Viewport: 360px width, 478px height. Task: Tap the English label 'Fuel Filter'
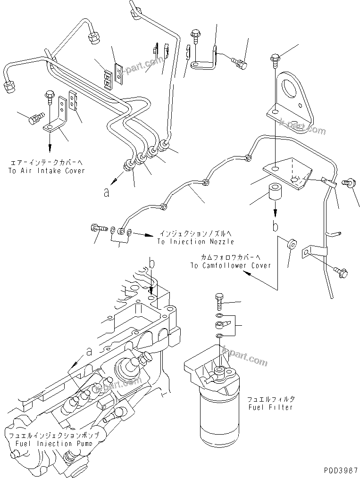(270, 407)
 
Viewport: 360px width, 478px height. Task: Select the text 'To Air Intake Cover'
(46, 171)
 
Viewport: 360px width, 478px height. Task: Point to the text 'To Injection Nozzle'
(196, 241)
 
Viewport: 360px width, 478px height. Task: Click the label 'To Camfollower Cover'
(231, 265)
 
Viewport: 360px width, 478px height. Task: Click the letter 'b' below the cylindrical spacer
(275, 226)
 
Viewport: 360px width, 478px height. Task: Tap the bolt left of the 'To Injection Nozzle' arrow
(95, 228)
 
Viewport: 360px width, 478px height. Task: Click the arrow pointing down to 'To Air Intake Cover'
(49, 141)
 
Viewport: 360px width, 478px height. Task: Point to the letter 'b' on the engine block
(151, 263)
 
